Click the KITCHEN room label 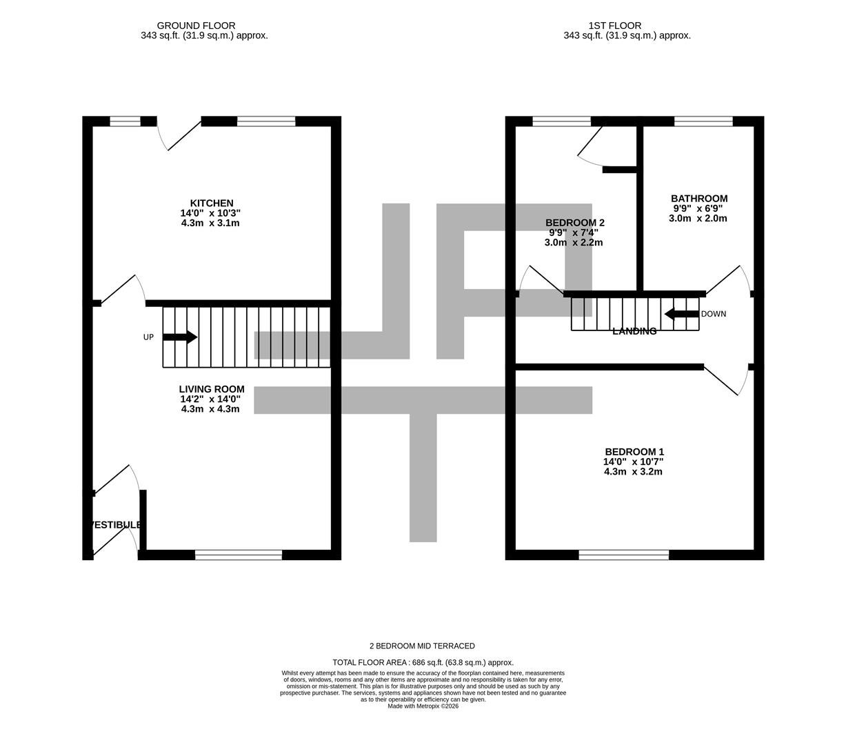point(212,203)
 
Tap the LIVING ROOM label point(212,389)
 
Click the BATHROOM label point(698,199)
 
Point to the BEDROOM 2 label point(574,223)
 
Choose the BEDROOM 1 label point(634,452)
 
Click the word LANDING point(634,332)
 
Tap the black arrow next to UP point(180,337)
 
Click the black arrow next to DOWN point(681,315)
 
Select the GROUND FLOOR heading point(196,26)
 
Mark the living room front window point(239,555)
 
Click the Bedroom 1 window point(623,555)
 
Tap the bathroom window point(703,121)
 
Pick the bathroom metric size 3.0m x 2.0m point(698,219)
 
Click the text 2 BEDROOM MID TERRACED point(422,646)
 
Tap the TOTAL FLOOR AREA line point(423,662)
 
